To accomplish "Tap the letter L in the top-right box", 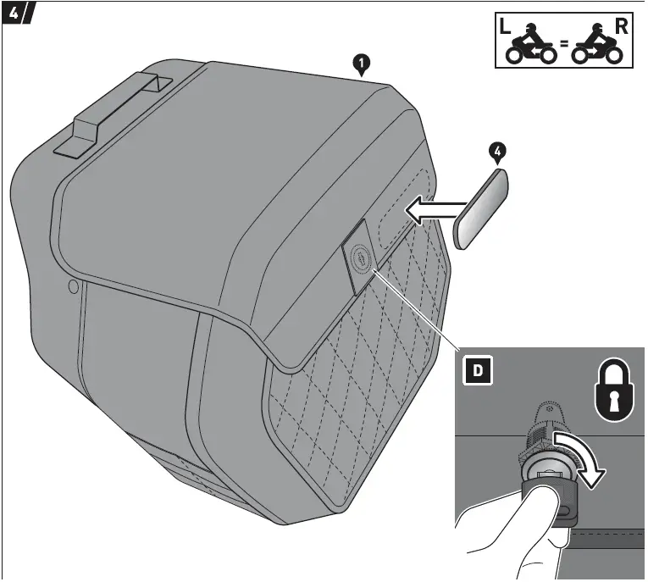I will (506, 26).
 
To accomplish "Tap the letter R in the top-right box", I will (621, 26).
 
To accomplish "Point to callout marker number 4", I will (499, 152).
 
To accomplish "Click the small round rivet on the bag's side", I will (73, 288).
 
